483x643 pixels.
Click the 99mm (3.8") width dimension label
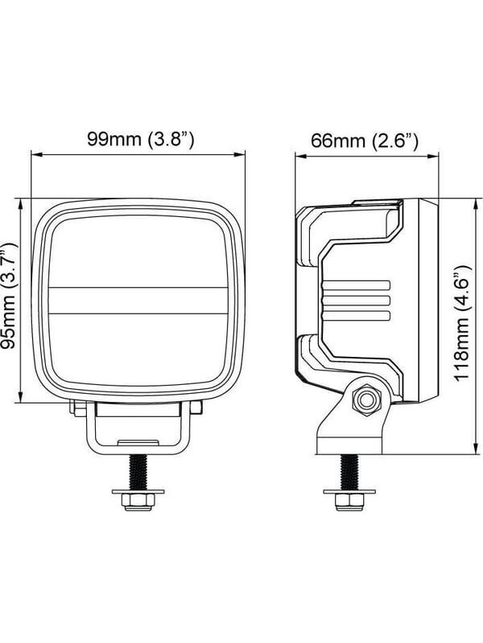pyautogui.click(x=140, y=139)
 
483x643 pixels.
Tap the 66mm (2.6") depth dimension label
pyautogui.click(x=365, y=141)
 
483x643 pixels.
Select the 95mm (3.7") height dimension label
pyautogui.click(x=9, y=296)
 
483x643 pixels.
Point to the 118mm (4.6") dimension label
pyautogui.click(x=462, y=323)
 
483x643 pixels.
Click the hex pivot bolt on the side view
pyautogui.click(x=367, y=399)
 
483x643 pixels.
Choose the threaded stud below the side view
pyautogui.click(x=349, y=472)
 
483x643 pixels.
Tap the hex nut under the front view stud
pyautogui.click(x=138, y=502)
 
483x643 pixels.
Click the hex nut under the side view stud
pyautogui.click(x=349, y=502)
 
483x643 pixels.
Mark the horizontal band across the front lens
pyautogui.click(x=138, y=301)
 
